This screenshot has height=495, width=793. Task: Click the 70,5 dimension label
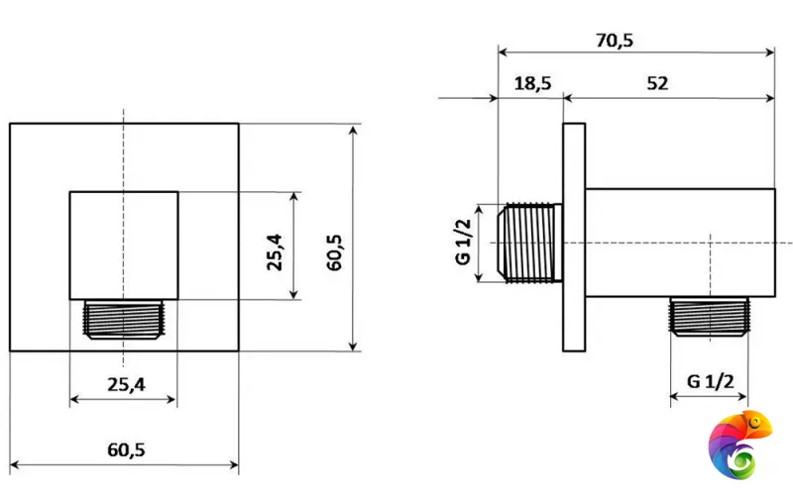(614, 41)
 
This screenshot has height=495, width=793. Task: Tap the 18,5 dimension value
(532, 83)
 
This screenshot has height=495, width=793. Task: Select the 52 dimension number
(657, 83)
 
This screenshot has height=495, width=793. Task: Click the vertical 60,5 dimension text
(334, 252)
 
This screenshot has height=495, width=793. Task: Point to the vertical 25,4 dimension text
(276, 252)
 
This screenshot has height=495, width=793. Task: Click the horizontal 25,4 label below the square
(126, 385)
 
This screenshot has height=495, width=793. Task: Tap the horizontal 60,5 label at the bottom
(126, 449)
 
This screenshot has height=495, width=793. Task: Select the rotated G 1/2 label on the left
(463, 242)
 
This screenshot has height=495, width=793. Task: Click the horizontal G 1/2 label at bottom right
(710, 381)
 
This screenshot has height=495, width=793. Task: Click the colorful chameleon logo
(739, 445)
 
